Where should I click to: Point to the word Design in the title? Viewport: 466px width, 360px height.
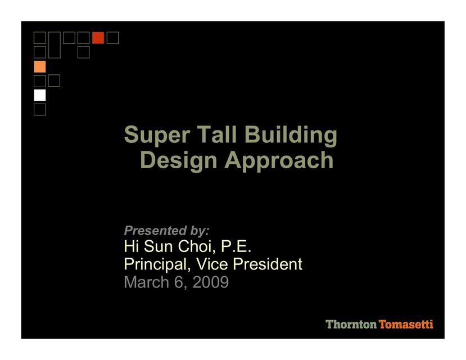(x=179, y=160)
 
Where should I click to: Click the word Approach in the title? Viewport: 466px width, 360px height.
(x=279, y=160)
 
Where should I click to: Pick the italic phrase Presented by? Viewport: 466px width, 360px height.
(x=166, y=231)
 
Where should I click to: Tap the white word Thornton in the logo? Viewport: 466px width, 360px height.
(x=351, y=325)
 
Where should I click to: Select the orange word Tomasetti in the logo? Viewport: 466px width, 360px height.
(x=406, y=325)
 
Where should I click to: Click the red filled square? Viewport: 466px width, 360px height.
(x=98, y=38)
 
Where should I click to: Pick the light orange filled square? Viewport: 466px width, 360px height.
(x=40, y=66)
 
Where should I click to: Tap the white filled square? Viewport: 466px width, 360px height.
(x=40, y=95)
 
